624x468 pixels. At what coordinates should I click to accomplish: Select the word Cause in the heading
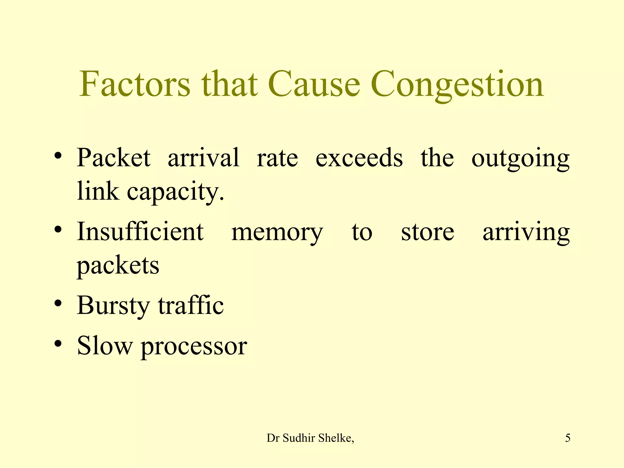[x=314, y=84]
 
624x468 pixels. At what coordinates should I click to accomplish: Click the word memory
[x=277, y=233]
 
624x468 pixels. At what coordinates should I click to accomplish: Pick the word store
[x=427, y=232]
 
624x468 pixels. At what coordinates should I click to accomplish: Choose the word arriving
[x=526, y=233]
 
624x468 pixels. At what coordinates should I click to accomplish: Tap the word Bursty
[x=113, y=306]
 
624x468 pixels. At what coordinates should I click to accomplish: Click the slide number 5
[x=568, y=438]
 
